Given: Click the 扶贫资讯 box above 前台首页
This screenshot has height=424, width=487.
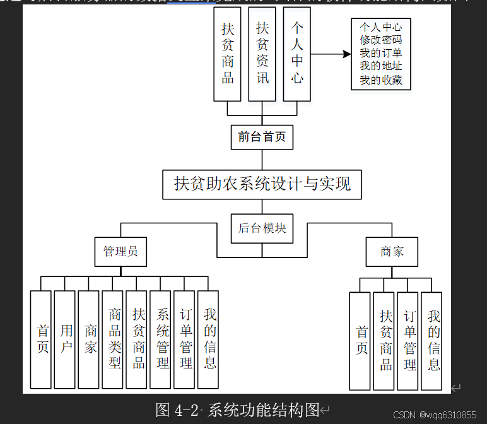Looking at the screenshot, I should click(x=262, y=54).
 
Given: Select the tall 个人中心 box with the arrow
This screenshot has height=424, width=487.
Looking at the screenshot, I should click(x=296, y=54).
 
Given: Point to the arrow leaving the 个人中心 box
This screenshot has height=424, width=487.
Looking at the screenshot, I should click(x=331, y=54).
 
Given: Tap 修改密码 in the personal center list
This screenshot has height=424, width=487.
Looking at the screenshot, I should click(x=381, y=40).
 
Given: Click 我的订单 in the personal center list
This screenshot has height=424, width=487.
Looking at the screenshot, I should click(x=381, y=53).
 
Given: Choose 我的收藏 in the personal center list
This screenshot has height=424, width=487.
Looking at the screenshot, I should click(x=381, y=80).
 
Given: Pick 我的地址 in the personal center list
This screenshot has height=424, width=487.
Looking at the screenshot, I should click(x=381, y=66).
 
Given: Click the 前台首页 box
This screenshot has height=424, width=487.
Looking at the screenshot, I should click(x=262, y=136).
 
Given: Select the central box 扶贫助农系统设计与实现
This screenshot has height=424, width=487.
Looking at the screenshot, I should click(x=262, y=184).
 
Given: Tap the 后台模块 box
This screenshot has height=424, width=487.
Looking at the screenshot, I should click(x=262, y=228).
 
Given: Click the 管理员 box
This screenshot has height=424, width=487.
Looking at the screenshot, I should click(x=120, y=251).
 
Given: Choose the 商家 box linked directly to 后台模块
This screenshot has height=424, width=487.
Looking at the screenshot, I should click(x=392, y=251).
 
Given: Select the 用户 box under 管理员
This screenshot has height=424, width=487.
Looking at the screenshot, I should click(x=64, y=339).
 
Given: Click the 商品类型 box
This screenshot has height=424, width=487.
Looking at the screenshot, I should click(x=112, y=339).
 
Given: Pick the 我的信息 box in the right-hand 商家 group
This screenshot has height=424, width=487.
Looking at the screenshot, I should click(x=432, y=341).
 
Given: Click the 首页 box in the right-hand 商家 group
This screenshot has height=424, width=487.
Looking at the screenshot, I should click(x=360, y=341).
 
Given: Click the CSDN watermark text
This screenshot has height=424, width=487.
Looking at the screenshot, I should click(x=435, y=415).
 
